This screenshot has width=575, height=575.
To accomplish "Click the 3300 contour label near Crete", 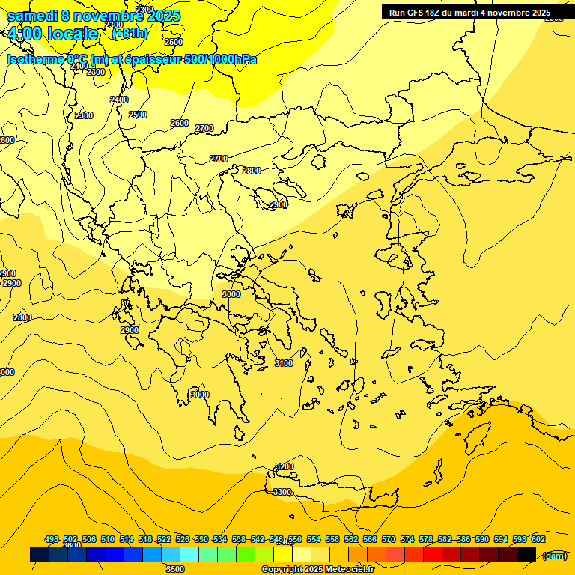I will [282, 492].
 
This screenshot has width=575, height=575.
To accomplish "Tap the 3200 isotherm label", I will [285, 466].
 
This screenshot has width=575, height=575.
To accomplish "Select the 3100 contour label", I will [284, 363].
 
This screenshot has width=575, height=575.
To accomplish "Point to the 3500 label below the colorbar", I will [175, 569].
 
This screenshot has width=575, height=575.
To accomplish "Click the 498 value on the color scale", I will [52, 539].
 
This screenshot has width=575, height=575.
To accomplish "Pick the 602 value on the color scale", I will [538, 539].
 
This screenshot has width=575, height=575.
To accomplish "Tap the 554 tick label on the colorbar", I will [314, 539].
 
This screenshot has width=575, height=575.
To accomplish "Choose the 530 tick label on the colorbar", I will [201, 539].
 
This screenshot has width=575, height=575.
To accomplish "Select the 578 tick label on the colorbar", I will [426, 539].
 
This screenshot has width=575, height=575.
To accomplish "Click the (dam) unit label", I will [554, 556].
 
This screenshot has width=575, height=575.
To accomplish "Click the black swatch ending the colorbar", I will [526, 555].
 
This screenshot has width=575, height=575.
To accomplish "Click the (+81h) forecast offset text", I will [130, 33].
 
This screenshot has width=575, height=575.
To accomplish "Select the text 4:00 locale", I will [52, 34].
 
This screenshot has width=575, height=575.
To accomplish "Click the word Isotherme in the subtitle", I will [36, 59].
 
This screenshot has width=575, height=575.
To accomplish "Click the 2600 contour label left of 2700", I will [180, 123].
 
